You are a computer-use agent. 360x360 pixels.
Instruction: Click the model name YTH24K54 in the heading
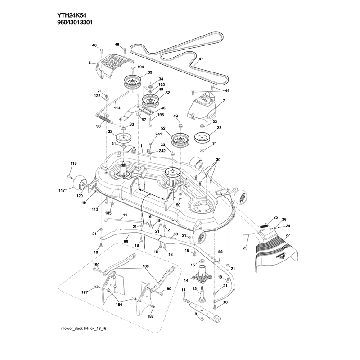pyautogui.click(x=72, y=15)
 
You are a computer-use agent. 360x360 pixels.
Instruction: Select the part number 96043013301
pyautogui.click(x=75, y=22)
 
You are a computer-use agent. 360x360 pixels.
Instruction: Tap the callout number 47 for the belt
pyautogui.click(x=201, y=59)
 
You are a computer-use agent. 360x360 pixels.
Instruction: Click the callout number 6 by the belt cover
pyautogui.click(x=90, y=63)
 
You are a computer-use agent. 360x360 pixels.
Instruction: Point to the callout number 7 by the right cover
pyautogui.click(x=224, y=100)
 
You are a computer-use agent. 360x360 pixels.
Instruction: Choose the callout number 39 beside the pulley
pyautogui.click(x=150, y=72)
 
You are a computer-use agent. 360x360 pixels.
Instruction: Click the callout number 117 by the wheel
pyautogui.click(x=62, y=190)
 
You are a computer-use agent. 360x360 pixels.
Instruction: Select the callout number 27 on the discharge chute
pyautogui.click(x=288, y=235)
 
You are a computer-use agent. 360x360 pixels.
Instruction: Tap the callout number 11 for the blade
pyautogui.click(x=183, y=290)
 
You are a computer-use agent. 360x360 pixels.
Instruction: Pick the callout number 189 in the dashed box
pyautogui.click(x=145, y=266)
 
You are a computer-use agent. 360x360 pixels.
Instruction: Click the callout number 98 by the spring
pyautogui.click(x=99, y=126)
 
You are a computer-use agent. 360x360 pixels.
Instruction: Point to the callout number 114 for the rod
pyautogui.click(x=117, y=108)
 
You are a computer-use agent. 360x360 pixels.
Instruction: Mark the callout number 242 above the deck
pyautogui.click(x=162, y=151)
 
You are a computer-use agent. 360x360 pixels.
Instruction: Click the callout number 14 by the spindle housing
pyautogui.click(x=186, y=280)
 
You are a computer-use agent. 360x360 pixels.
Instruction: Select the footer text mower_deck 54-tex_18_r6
pyautogui.click(x=84, y=328)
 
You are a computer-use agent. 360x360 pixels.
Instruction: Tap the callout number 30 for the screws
pyautogui.click(x=218, y=159)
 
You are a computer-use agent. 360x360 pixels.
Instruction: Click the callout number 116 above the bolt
pyautogui.click(x=73, y=163)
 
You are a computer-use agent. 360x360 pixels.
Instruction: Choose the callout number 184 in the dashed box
pyautogui.click(x=119, y=304)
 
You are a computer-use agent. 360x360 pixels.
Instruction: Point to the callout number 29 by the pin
pyautogui.click(x=245, y=248)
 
